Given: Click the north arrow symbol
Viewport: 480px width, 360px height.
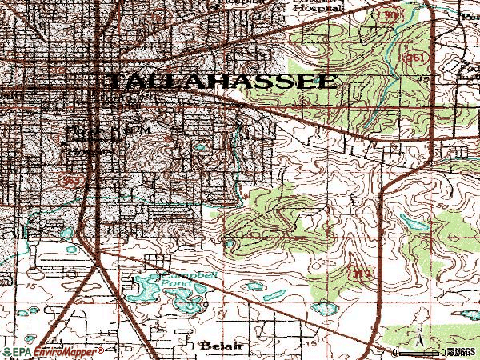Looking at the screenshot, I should point(419,343).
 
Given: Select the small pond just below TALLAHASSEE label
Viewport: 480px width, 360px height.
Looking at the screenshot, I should point(199,147).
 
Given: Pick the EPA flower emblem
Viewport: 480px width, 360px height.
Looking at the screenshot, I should point(8,351).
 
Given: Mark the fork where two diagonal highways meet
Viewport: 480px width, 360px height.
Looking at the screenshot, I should point(96,265).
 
